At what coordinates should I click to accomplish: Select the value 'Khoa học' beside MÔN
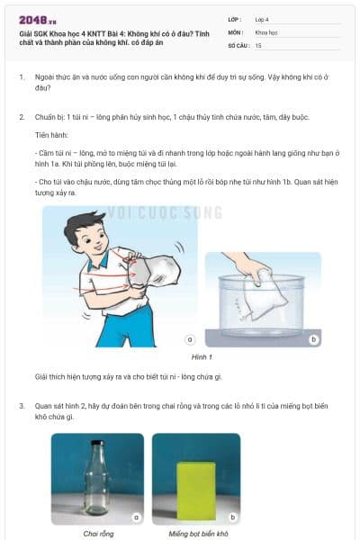tap(266, 31)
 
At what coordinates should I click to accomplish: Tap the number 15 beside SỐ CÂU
tap(258, 44)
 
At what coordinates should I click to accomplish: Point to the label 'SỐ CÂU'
tap(238, 44)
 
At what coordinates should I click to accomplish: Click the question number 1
tap(22, 78)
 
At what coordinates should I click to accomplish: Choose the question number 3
tap(22, 406)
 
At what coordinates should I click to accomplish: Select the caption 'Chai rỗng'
tap(97, 534)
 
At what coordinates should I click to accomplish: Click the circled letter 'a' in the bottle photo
tap(135, 517)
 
